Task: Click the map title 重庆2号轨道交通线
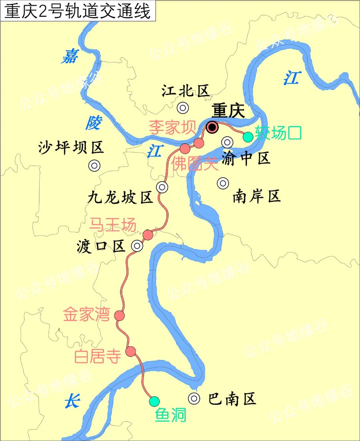pyautogui.click(x=78, y=11)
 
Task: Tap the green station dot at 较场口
pyautogui.click(x=248, y=137)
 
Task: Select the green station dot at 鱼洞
pyautogui.click(x=154, y=401)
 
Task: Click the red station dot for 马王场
pyautogui.click(x=148, y=235)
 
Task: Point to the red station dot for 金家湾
pyautogui.click(x=119, y=315)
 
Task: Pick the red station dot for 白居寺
pyautogui.click(x=131, y=351)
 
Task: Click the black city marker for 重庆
pyautogui.click(x=212, y=127)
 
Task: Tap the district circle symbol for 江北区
pyautogui.click(x=183, y=108)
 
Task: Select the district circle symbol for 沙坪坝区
pyautogui.click(x=94, y=166)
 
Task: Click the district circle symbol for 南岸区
pyautogui.click(x=223, y=183)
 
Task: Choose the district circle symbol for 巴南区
pyautogui.click(x=194, y=398)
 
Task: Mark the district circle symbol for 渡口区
pyautogui.click(x=137, y=246)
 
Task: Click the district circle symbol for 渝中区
pyautogui.click(x=227, y=142)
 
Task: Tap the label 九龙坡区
pyautogui.click(x=120, y=198)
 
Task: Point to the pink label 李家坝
pyautogui.click(x=172, y=127)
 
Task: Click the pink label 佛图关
pyautogui.click(x=195, y=163)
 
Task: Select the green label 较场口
pyautogui.click(x=278, y=133)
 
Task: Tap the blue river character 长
pyautogui.click(x=72, y=401)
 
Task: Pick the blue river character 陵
pyautogui.click(x=93, y=123)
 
